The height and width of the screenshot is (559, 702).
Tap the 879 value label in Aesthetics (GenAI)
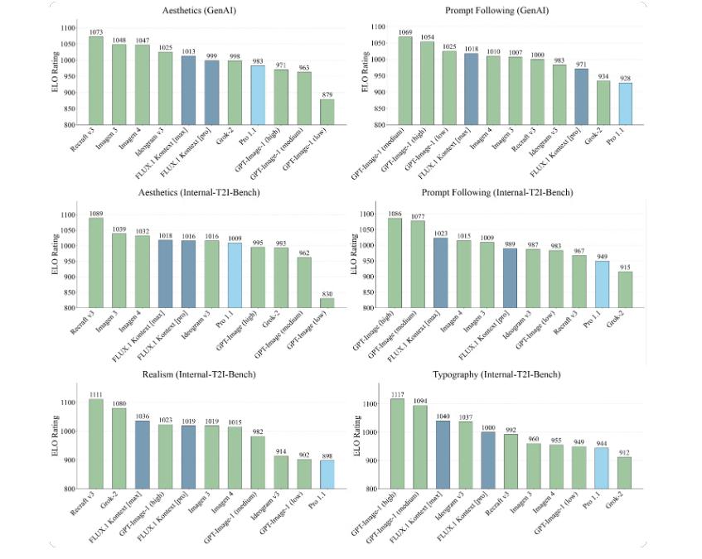[x=304, y=94]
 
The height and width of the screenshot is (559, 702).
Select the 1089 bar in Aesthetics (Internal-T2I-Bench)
[x=96, y=263]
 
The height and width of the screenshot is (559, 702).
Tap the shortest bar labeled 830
[x=304, y=303]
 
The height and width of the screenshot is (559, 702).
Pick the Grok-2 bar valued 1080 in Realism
[x=119, y=448]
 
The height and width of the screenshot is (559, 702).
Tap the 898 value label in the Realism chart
[x=304, y=455]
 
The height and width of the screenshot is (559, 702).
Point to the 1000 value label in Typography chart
[x=490, y=426]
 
